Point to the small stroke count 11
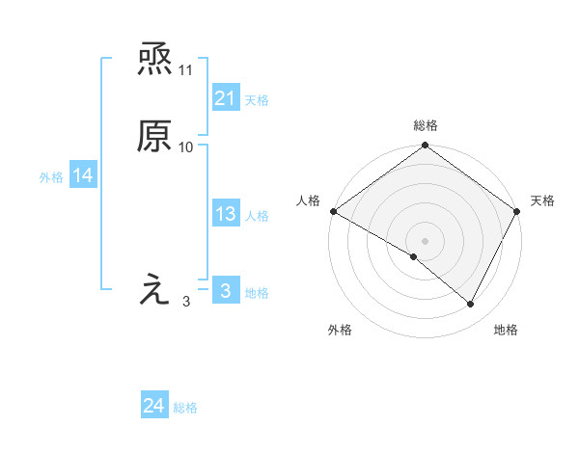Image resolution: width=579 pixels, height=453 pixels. pos(186,70)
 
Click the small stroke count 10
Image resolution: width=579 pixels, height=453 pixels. pos(186,147)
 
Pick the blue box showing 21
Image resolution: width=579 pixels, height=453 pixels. pos(225,98)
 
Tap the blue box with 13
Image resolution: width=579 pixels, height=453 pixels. pos(225,215)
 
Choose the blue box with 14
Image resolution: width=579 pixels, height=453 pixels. pos(82,175)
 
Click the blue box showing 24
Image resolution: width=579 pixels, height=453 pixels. pos(153,407)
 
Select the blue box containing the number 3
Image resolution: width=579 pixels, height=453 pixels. pos(225,291)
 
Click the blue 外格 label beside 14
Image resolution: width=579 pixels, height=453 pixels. pos(51,176)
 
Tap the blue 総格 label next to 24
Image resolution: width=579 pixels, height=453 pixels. pos(185,408)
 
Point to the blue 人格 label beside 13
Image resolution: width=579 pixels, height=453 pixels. pos(258,216)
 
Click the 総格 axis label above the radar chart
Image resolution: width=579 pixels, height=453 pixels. pos(426,125)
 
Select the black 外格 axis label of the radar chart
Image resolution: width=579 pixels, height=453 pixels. pos(340,331)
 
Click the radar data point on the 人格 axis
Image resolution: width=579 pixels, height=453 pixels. pos(333,211)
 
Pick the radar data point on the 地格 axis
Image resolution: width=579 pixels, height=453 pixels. pos(471,305)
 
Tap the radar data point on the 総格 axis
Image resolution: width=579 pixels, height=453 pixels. pos(426,147)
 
